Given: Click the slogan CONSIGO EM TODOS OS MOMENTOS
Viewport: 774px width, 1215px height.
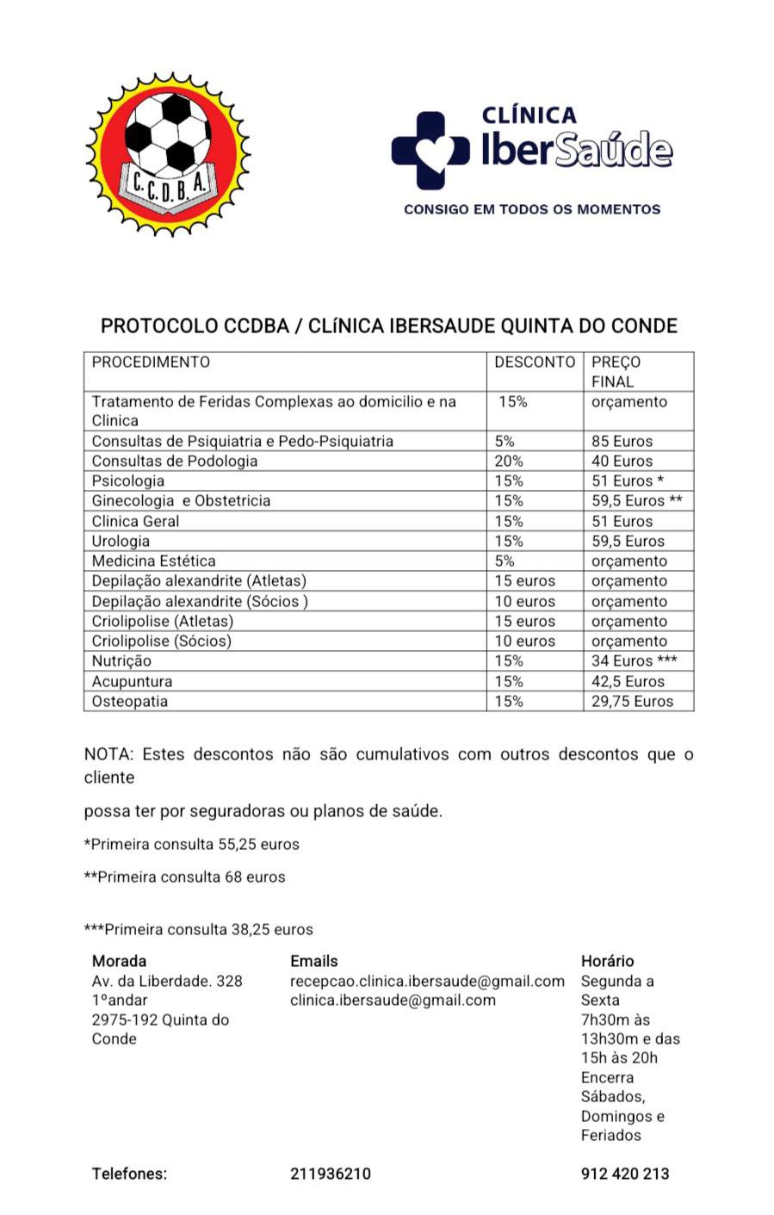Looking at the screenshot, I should pyautogui.click(x=532, y=209).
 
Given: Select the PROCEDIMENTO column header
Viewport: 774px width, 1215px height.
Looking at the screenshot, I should pyautogui.click(x=151, y=363).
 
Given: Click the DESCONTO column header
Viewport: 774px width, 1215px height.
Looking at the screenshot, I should pyautogui.click(x=534, y=363).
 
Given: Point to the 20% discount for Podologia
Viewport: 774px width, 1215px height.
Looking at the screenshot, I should pyautogui.click(x=509, y=462).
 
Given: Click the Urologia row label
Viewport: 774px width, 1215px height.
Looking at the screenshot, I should pyautogui.click(x=121, y=542).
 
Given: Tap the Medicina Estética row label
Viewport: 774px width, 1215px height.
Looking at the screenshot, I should pyautogui.click(x=153, y=561).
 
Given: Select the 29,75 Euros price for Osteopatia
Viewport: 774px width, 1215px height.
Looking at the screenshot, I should pyautogui.click(x=632, y=702).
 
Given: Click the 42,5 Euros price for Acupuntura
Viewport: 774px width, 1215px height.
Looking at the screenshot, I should pyautogui.click(x=628, y=682).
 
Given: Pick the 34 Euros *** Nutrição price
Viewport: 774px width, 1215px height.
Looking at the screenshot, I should pyautogui.click(x=634, y=661).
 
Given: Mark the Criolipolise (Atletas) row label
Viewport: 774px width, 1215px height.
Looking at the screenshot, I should pyautogui.click(x=163, y=622).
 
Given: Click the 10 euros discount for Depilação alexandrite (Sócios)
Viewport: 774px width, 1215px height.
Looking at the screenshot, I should pyautogui.click(x=524, y=602).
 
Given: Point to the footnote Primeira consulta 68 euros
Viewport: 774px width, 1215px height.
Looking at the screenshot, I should pyautogui.click(x=184, y=877).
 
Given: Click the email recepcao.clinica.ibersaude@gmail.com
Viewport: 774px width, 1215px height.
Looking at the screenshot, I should pyautogui.click(x=427, y=982).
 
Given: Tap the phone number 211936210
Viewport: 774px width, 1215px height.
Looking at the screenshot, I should pyautogui.click(x=331, y=1174).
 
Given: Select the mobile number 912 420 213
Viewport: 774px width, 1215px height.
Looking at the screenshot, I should pyautogui.click(x=625, y=1174).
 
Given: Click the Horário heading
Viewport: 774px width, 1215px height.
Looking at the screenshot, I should pyautogui.click(x=607, y=962).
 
